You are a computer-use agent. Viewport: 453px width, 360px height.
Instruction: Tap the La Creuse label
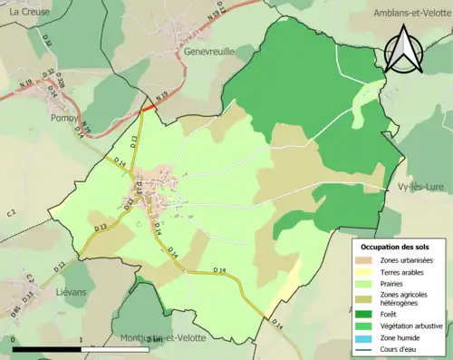point(26,12)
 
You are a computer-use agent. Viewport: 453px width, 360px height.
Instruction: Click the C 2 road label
point(12,212)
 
